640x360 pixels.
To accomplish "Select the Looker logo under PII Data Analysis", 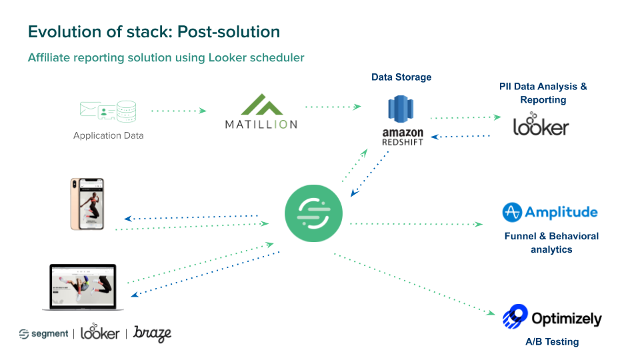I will coord(541,126).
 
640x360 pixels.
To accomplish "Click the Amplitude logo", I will coord(550,213).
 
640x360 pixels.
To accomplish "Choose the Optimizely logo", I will coord(552,317).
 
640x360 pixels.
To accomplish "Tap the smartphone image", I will coord(87,204).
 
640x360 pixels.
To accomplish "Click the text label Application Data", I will coord(108,135).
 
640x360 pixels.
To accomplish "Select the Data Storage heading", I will coord(401,77).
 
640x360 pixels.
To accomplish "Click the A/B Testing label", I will coord(551,342).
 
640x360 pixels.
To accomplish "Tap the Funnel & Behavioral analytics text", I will coord(551,243).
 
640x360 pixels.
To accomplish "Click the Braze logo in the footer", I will coord(152,333).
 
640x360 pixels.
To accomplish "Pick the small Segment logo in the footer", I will coord(43,333).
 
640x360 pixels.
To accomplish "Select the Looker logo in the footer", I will coord(100,333).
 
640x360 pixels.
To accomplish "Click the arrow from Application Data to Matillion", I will coord(179,111).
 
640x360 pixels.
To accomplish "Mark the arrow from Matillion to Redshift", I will coord(333,106).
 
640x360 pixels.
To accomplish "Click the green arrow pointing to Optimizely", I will coord(413,283).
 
